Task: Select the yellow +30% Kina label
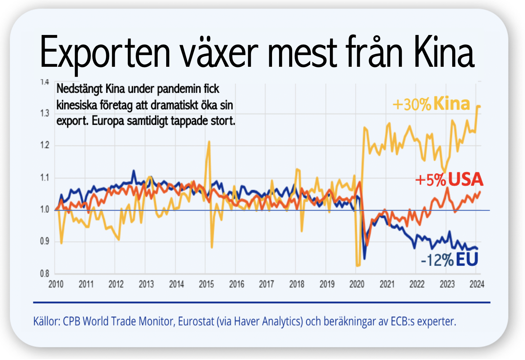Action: click(431, 104)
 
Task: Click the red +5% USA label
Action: click(449, 180)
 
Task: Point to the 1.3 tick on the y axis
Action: click(45, 114)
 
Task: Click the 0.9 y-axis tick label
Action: click(45, 241)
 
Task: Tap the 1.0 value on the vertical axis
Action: click(45, 209)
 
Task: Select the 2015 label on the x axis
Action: click(206, 284)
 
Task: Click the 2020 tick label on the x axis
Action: click(357, 284)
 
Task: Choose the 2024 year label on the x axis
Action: click(477, 284)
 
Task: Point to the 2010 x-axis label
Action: click(56, 284)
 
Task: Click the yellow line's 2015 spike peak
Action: click(209, 142)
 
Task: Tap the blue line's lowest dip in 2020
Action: click(365, 259)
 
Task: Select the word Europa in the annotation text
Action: click(108, 121)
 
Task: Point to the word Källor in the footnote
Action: click(46, 322)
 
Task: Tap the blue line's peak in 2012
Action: click(134, 171)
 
